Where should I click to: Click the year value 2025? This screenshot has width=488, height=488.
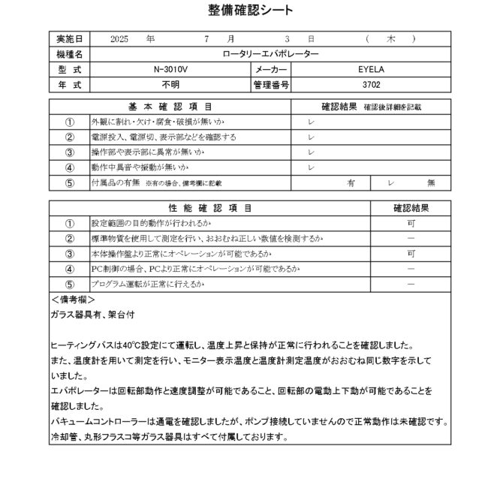119,38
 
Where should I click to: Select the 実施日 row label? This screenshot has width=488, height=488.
70,38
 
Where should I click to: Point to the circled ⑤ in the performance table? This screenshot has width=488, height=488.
70,285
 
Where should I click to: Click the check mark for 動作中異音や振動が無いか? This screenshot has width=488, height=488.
311,167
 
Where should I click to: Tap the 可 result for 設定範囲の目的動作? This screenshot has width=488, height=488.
411,224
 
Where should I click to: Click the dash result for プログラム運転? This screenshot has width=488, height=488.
411,285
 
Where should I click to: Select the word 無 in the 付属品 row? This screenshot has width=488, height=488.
431,182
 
